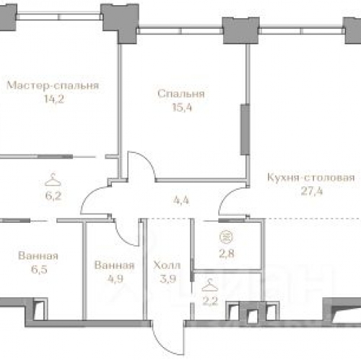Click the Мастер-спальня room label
click(x=53, y=85)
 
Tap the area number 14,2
click(x=54, y=99)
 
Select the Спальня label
click(x=181, y=94)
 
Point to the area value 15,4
click(x=182, y=107)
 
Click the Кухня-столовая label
click(x=311, y=177)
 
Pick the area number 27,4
click(x=312, y=191)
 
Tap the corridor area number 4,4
click(x=181, y=200)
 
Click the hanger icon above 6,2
click(x=53, y=180)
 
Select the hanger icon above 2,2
click(x=210, y=285)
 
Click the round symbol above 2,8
click(x=226, y=237)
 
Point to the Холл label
click(x=167, y=265)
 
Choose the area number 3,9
click(x=168, y=279)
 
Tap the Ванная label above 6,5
click(x=38, y=256)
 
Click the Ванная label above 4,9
click(x=115, y=265)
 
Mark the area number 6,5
click(x=39, y=270)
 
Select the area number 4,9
click(x=116, y=279)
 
